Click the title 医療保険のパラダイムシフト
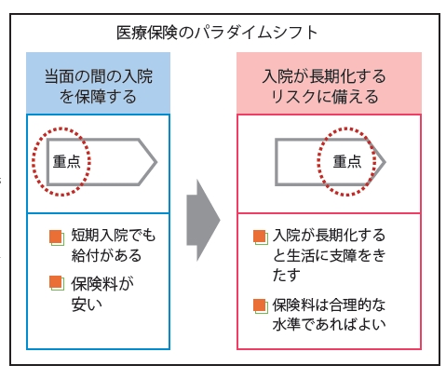coord(217,33)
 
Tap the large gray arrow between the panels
coord(203,220)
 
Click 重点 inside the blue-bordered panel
coord(67,162)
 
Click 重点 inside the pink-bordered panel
coord(347,162)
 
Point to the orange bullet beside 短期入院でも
coord(57,237)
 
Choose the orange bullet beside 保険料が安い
coord(57,283)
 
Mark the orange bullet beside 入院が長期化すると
coord(260,237)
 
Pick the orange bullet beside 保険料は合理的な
coord(260,305)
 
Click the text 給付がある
coord(106,255)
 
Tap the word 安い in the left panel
coord(87,305)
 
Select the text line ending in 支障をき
coord(329,255)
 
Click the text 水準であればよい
coord(329,324)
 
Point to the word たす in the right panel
coord(287,275)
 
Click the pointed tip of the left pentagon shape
coord(156,162)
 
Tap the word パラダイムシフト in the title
coord(256,33)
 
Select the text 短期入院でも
coord(114,235)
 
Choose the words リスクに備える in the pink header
coord(325,97)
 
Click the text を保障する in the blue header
coord(98,97)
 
